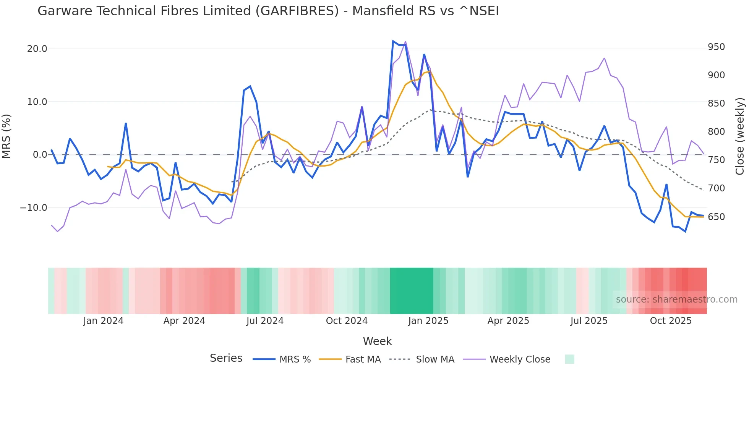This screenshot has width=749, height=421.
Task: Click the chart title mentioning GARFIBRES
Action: click(x=268, y=11)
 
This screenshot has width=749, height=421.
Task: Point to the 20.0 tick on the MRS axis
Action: click(x=37, y=49)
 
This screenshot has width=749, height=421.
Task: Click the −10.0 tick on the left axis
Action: click(x=34, y=208)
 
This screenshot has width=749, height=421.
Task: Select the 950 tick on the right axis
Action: click(x=716, y=47)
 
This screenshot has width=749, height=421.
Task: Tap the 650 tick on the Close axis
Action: click(x=716, y=217)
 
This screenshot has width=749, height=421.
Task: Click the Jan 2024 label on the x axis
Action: click(x=103, y=321)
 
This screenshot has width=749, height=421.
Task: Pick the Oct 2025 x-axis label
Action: click(x=671, y=321)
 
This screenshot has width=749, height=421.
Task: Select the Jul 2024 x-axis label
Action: click(x=265, y=321)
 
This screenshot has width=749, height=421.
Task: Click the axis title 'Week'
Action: click(x=377, y=341)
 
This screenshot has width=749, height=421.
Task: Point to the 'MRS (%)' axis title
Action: click(x=6, y=136)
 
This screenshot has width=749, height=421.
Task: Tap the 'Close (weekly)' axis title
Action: click(x=740, y=136)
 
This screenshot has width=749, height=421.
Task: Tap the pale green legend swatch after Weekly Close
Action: click(x=569, y=359)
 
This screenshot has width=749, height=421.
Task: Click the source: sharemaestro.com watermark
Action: click(x=676, y=300)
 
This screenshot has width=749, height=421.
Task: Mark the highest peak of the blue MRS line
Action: click(x=393, y=41)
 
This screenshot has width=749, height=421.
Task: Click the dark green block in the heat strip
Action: click(x=412, y=291)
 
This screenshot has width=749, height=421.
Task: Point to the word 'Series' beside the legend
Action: click(x=226, y=358)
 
